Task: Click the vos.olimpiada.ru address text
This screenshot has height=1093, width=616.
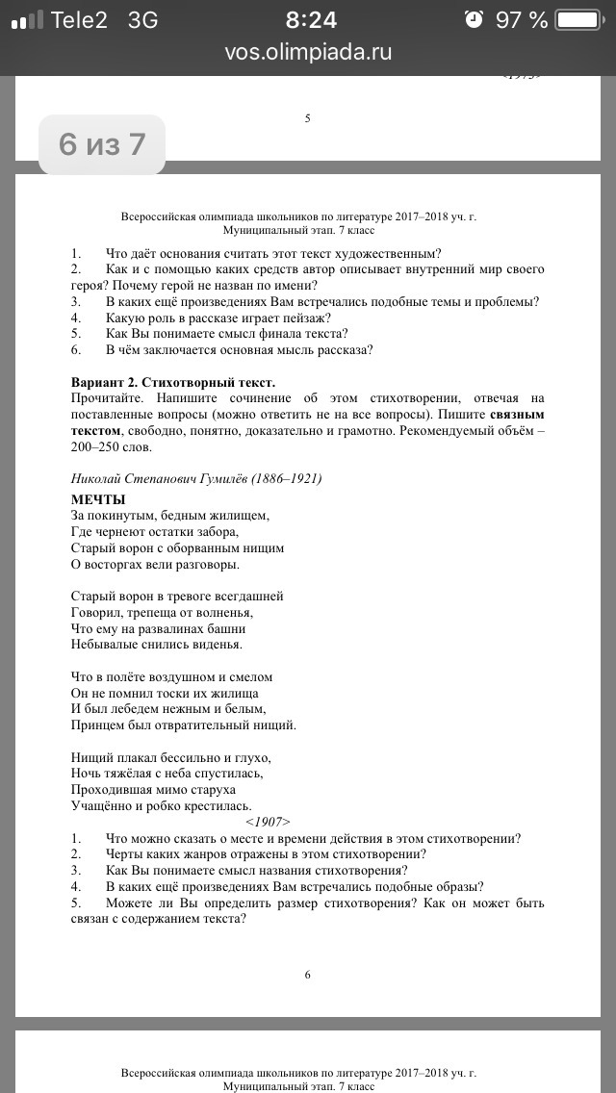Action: pos(308,52)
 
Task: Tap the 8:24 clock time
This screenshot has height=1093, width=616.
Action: pos(312,19)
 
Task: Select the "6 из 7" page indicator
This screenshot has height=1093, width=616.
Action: pos(102,144)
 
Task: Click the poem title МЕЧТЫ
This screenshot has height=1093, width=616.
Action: pos(99,499)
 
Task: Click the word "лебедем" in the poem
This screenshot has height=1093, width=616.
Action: pos(142,709)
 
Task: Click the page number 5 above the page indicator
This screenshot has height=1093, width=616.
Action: pos(307,118)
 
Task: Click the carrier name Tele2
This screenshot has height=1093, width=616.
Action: pos(79,19)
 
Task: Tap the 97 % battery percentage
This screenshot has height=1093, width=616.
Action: pos(521,19)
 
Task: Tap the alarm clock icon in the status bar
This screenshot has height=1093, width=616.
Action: pos(473,19)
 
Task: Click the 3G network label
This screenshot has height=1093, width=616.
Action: pos(143,19)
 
